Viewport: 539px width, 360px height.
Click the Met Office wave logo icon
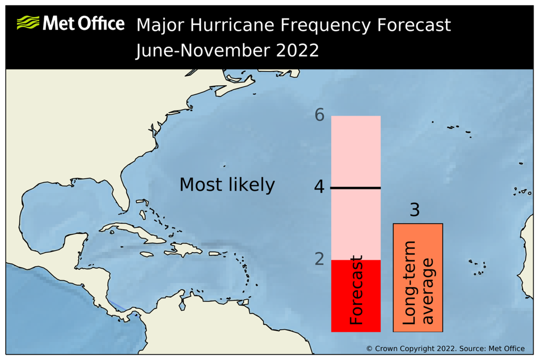click(28, 23)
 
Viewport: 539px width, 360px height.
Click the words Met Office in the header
click(84, 23)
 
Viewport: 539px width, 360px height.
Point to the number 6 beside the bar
click(319, 115)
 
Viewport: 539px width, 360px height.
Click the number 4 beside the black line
click(319, 187)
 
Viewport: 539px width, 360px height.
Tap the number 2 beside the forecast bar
click(319, 258)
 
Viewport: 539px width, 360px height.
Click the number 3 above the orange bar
click(414, 209)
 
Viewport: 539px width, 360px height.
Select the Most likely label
click(227, 185)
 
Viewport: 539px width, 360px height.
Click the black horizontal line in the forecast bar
click(355, 188)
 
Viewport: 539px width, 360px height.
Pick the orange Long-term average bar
click(418, 277)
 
